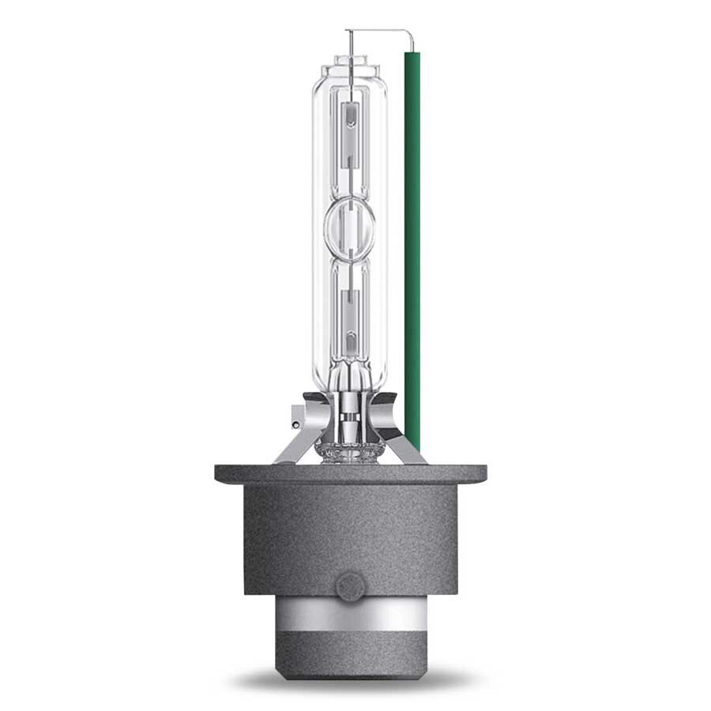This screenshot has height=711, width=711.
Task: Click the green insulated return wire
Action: (412, 237)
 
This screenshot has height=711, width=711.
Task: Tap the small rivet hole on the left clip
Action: (295, 425)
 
